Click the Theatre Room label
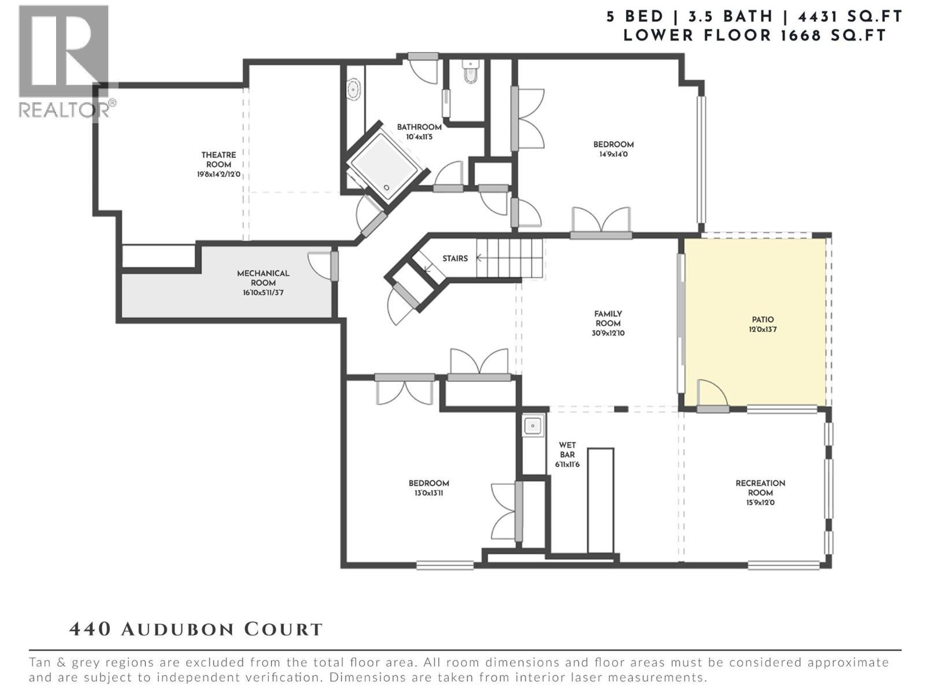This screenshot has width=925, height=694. click(x=219, y=160)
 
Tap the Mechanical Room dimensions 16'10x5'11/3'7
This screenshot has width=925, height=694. click(x=263, y=293)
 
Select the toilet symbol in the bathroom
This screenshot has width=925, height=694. click(x=471, y=72)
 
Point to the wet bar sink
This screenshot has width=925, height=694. click(x=532, y=426)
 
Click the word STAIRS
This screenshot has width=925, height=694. click(x=455, y=259)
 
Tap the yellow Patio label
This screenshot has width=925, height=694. click(x=763, y=319)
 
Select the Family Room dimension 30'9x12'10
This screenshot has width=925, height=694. click(x=608, y=334)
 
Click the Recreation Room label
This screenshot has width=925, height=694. click(x=760, y=488)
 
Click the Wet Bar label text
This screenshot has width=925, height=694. click(x=567, y=449)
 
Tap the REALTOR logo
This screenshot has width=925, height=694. click(x=65, y=61)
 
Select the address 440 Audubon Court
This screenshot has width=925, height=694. click(x=195, y=629)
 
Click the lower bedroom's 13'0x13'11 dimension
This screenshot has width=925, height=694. click(x=428, y=493)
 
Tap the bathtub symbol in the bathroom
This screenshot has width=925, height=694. click(x=353, y=90)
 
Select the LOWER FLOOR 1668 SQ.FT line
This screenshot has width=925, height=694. click(x=754, y=35)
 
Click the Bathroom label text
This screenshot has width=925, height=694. click(x=419, y=127)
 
